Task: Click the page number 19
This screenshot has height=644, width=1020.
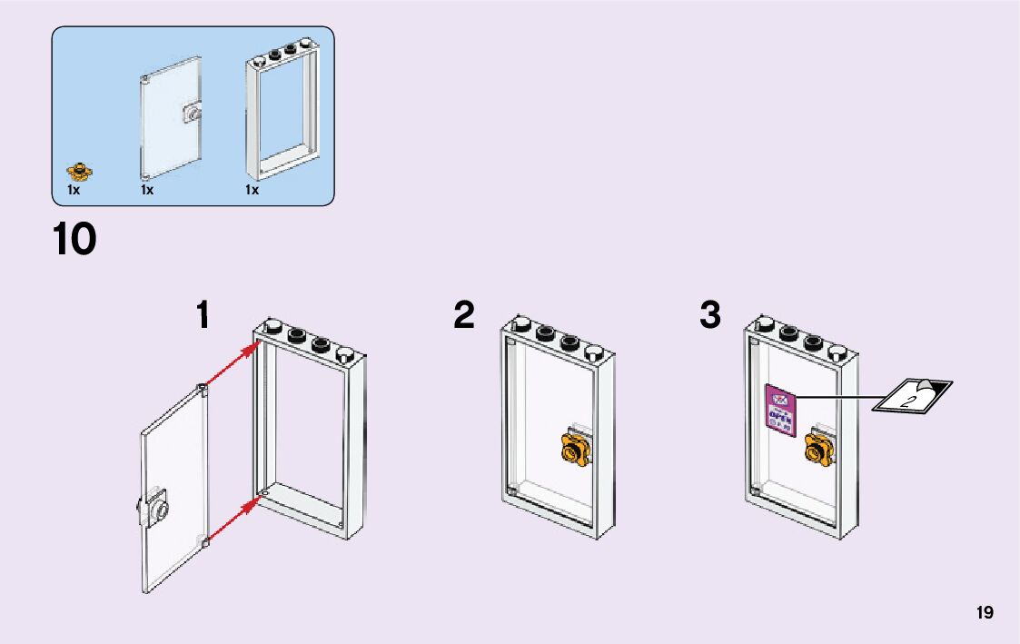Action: coord(985,613)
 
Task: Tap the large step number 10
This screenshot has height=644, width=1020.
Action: coord(74,240)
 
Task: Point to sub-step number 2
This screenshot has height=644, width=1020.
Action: coord(464,316)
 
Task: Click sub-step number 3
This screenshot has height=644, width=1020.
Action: coord(710,316)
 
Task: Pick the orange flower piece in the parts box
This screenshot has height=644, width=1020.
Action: coord(80,170)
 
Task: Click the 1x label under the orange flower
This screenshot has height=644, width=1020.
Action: coord(74,191)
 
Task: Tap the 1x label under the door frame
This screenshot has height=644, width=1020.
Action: coord(252,191)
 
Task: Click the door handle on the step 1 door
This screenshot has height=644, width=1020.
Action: coord(156,510)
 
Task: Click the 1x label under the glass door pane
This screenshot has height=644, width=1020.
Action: coord(147,191)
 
